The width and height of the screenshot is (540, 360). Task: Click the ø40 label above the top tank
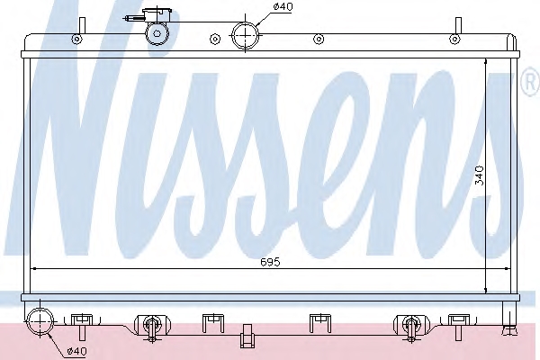pyautogui.click(x=283, y=6)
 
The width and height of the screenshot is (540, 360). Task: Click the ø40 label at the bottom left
pyautogui.click(x=77, y=351)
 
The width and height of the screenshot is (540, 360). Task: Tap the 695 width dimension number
pyautogui.click(x=270, y=262)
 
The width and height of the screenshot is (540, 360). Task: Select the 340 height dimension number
pyautogui.click(x=480, y=175)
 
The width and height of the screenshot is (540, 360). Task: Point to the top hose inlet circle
pyautogui.click(x=245, y=35)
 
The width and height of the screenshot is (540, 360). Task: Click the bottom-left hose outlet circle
pyautogui.click(x=40, y=322)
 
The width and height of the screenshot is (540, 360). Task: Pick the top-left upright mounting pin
pyautogui.click(x=82, y=26)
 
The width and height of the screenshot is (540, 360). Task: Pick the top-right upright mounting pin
pyautogui.click(x=458, y=26)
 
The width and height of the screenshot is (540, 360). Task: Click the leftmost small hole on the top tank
pyautogui.click(x=76, y=39)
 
